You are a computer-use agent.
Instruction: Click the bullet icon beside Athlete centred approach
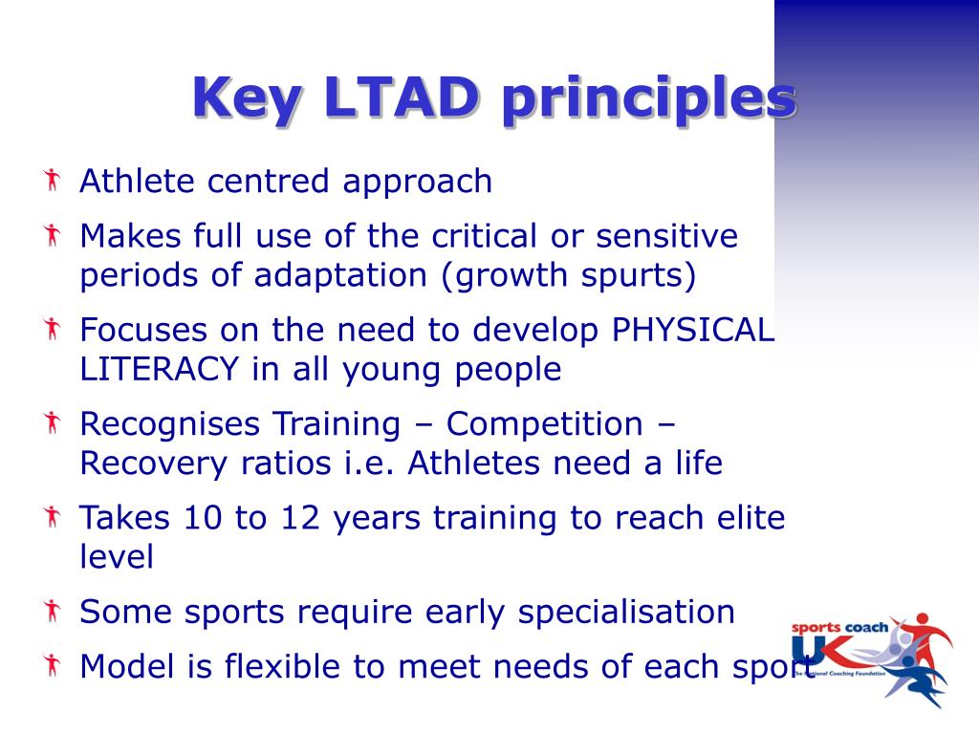pyautogui.click(x=53, y=180)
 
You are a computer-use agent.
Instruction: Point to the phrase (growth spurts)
pyautogui.click(x=569, y=276)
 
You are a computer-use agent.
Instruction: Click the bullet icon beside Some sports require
pyautogui.click(x=53, y=611)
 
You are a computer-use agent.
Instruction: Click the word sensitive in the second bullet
pyautogui.click(x=666, y=236)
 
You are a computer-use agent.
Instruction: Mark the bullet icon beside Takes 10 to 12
pyautogui.click(x=53, y=517)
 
